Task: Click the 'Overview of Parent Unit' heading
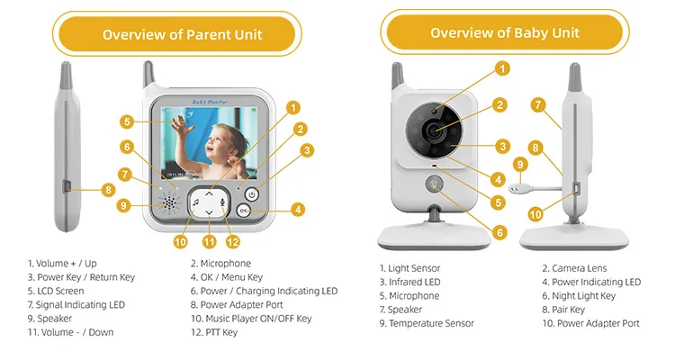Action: pyautogui.click(x=182, y=34)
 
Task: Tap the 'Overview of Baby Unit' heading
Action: pyautogui.click(x=504, y=33)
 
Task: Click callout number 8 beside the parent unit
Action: pyautogui.click(x=108, y=190)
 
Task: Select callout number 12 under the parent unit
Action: pyautogui.click(x=233, y=241)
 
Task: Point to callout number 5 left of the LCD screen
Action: pyautogui.click(x=129, y=121)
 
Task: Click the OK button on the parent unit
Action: pyautogui.click(x=244, y=211)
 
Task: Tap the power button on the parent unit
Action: pyautogui.click(x=251, y=193)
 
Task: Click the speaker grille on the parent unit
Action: pyautogui.click(x=168, y=203)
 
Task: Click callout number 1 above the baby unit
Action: pyautogui.click(x=501, y=67)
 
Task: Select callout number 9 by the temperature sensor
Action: pyautogui.click(x=519, y=164)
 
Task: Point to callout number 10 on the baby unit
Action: pyautogui.click(x=535, y=214)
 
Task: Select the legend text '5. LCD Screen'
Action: pyautogui.click(x=56, y=291)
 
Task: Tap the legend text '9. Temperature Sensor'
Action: pyautogui.click(x=426, y=323)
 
